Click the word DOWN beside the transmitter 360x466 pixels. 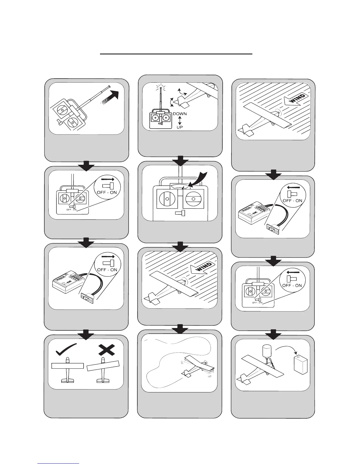(180, 114)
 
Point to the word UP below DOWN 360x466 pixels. (180, 127)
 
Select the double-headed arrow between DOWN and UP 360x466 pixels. (180, 120)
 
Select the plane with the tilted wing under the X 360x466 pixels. (103, 369)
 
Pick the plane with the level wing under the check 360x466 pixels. (68, 369)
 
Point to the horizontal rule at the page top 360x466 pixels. (176, 54)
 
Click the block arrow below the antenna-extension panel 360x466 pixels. (86, 166)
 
